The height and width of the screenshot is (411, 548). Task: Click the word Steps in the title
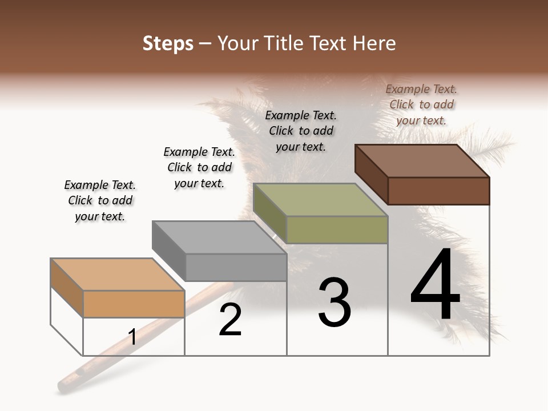click(168, 43)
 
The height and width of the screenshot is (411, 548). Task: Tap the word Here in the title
click(374, 43)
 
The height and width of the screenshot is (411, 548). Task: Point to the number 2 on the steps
click(230, 320)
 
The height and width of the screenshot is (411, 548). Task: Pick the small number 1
click(132, 337)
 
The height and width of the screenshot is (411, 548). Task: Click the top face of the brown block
click(421, 161)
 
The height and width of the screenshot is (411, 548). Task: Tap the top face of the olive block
click(320, 200)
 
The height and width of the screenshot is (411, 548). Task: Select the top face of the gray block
click(219, 237)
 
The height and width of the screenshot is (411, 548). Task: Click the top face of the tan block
click(118, 275)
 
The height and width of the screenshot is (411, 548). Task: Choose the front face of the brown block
click(438, 191)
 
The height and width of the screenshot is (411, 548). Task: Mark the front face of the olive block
click(337, 229)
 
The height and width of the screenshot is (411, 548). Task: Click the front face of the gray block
click(236, 267)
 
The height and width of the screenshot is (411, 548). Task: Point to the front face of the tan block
click(134, 304)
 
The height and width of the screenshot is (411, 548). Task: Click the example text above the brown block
click(421, 104)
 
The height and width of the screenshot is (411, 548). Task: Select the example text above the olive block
click(301, 131)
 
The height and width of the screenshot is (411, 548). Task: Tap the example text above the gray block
click(199, 167)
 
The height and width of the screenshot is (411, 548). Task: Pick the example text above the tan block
click(100, 200)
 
